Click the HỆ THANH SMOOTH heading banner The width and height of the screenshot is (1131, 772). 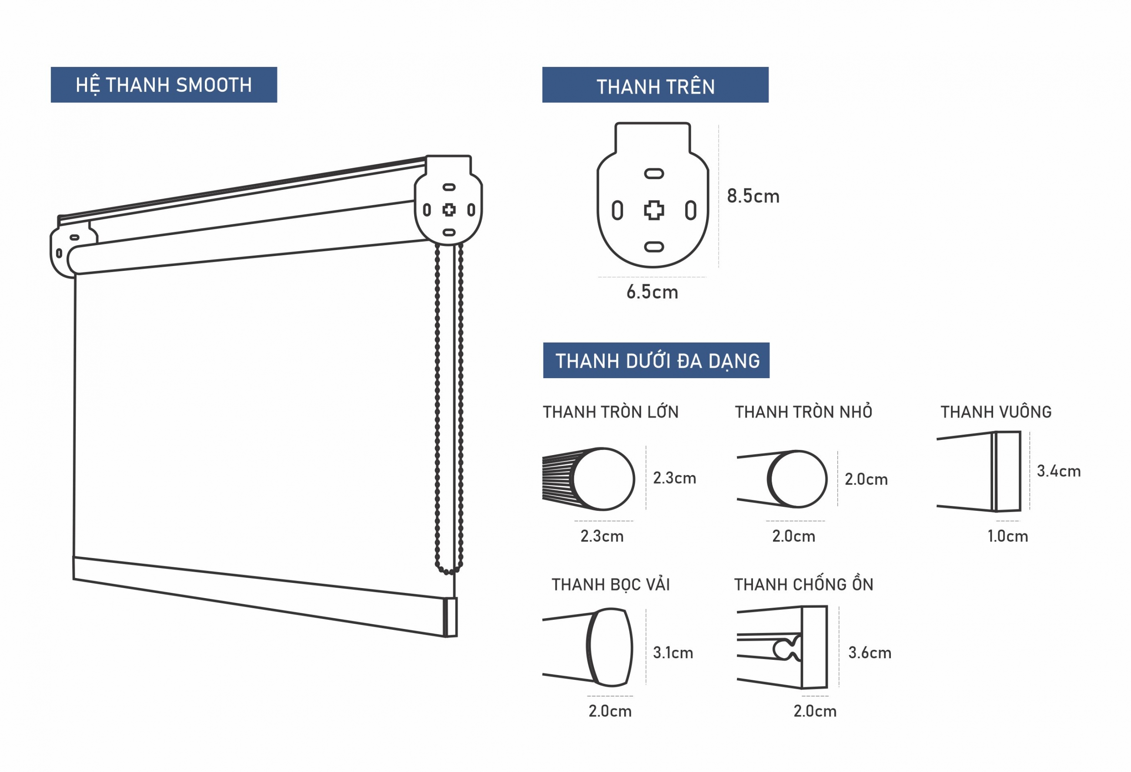164,85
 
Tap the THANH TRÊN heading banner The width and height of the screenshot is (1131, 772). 655,85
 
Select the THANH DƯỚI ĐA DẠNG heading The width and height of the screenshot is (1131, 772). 656,360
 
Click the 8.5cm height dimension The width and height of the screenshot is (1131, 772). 753,196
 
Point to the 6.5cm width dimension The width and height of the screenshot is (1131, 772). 652,292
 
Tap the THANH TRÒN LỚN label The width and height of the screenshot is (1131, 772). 611,412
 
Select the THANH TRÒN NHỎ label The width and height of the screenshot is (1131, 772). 803,412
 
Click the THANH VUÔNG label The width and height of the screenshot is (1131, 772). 996,412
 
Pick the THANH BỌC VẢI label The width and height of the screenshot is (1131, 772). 611,585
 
